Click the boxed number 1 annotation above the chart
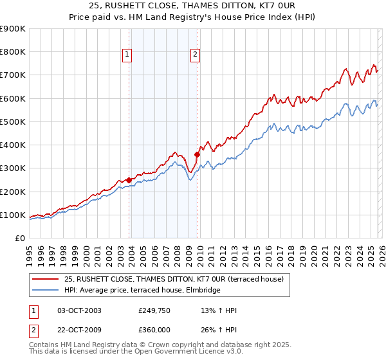tap(127, 55)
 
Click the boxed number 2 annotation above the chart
tap(194, 55)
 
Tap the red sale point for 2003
tap(129, 180)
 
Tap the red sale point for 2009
tap(198, 154)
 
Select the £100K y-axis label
tap(13, 215)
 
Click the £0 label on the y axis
tap(19, 238)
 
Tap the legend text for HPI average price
tap(142, 290)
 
